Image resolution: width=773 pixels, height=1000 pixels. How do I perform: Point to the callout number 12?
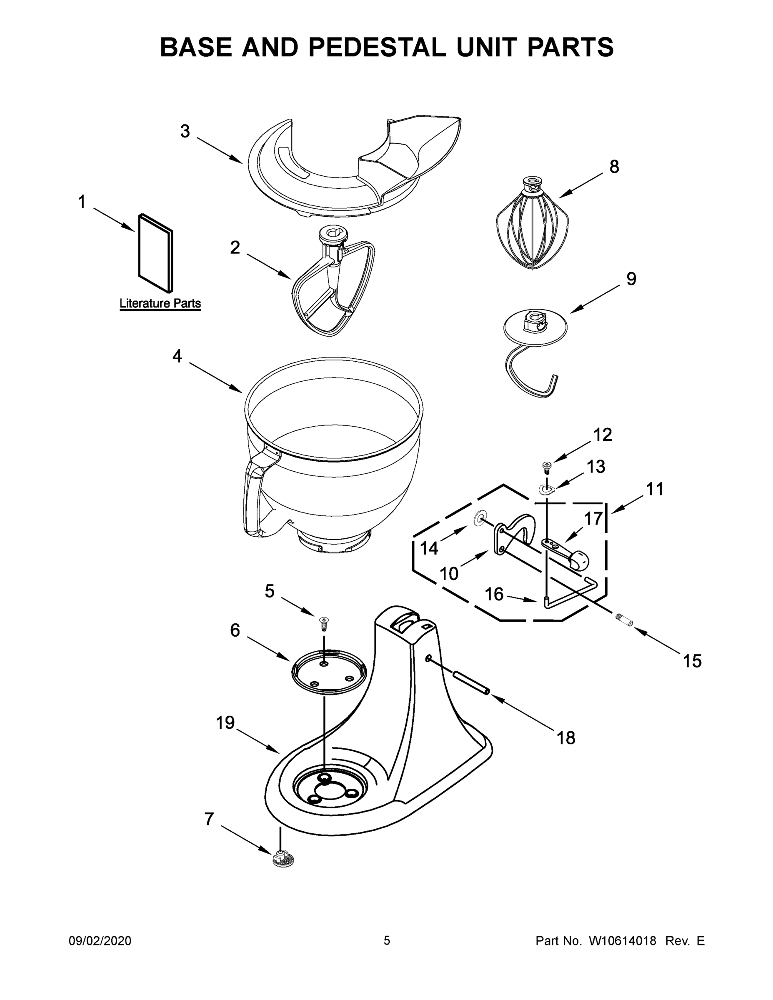click(x=602, y=435)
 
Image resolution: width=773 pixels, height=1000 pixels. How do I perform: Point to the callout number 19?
click(x=225, y=723)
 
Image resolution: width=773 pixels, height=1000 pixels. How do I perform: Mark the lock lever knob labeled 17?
click(x=579, y=560)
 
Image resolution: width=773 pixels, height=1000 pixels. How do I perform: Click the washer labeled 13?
click(x=546, y=490)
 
